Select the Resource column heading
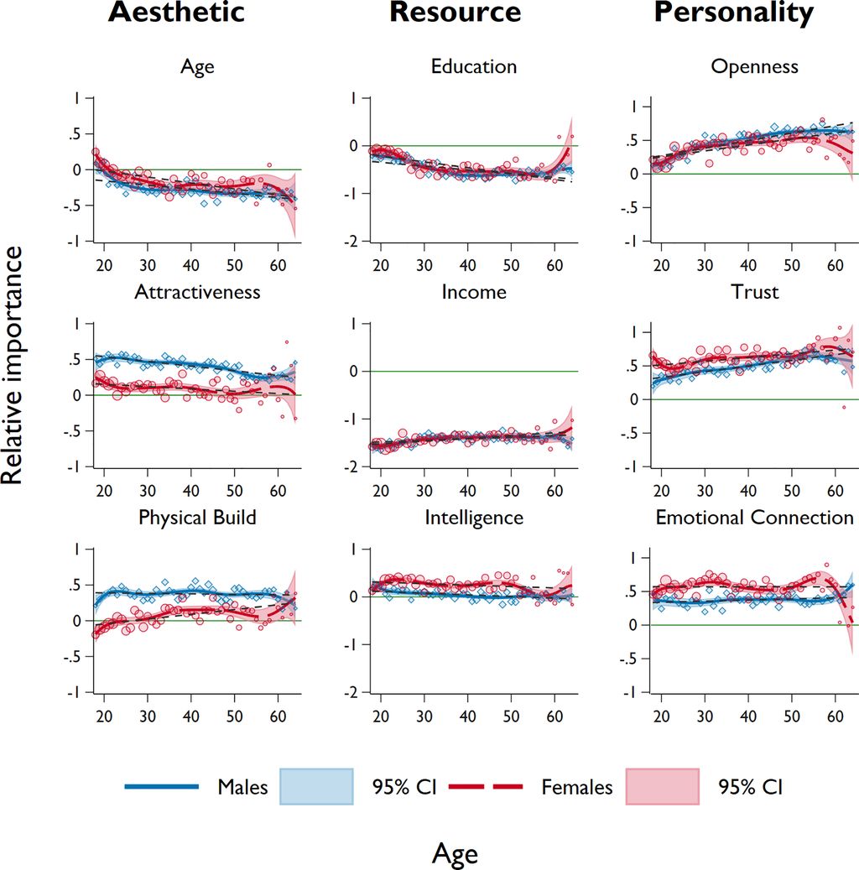coord(455,13)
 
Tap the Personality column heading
coord(733,13)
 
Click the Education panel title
coord(474,66)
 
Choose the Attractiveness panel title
coord(197,292)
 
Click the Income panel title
coord(474,292)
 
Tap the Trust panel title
coord(754,292)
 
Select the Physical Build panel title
coord(197,518)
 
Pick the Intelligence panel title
coord(474,518)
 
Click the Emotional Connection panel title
coord(754,518)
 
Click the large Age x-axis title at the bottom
coord(455,853)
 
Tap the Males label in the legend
coord(242,787)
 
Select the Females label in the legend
coord(577,787)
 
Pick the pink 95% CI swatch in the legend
coord(663,787)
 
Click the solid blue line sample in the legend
coord(161,787)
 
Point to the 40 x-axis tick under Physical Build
coord(190,716)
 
